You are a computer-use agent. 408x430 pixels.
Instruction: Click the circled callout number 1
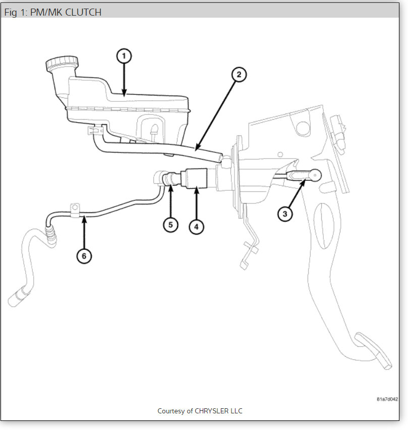(124, 56)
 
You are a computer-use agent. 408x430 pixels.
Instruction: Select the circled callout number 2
(239, 75)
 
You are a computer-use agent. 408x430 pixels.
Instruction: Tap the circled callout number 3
(285, 214)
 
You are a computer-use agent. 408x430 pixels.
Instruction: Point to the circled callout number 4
(196, 227)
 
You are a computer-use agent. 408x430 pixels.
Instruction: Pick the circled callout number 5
(170, 225)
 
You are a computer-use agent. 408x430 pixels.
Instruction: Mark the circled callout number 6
(84, 256)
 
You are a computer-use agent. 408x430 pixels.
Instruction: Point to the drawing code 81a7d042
(387, 399)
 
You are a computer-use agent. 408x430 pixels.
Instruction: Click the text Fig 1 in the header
(16, 12)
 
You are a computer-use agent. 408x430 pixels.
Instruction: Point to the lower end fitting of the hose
(16, 297)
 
